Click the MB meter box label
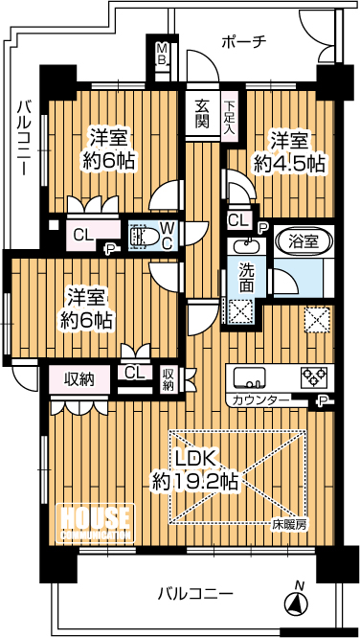pos(162,55)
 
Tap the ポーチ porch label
pos(244,42)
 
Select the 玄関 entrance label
pos(203,114)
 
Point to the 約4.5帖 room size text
pos(289,165)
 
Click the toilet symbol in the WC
pos(141,237)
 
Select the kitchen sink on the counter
pos(249,377)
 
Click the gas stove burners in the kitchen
pos(314,376)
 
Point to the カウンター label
pos(256,399)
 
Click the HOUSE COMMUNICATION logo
pos(95,523)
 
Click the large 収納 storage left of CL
pos(79,379)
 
